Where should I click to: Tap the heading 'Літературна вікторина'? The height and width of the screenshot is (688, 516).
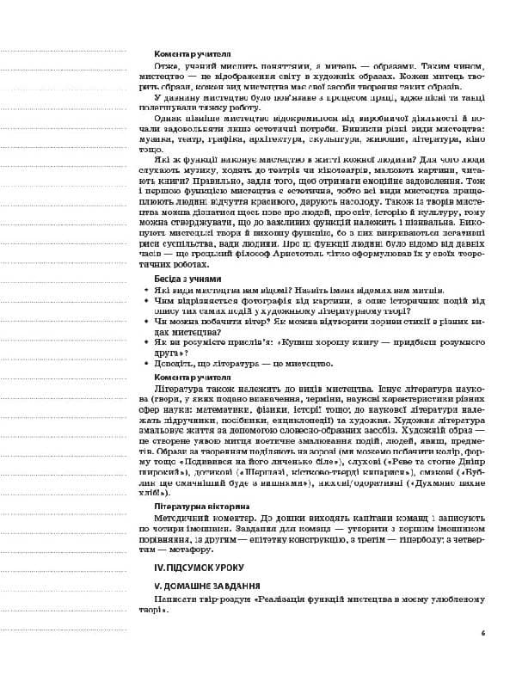189,507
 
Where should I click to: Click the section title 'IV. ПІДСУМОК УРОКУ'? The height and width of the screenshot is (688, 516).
193,568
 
